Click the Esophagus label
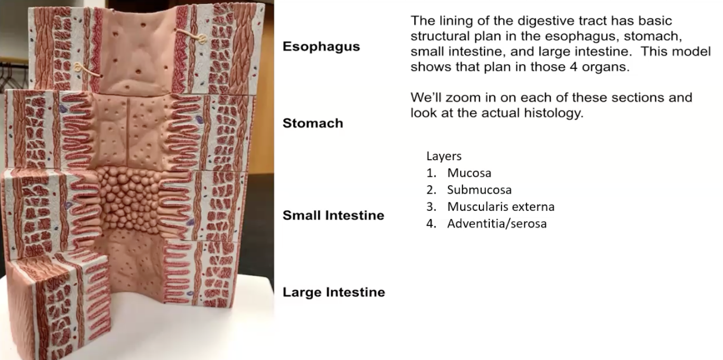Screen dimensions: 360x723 pos(321,46)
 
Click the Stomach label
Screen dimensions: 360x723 pos(312,123)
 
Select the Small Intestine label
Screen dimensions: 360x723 pos(333,215)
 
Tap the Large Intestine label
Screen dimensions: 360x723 pos(333,292)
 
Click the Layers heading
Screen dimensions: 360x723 pos(443,156)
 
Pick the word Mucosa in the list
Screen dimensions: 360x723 pos(469,173)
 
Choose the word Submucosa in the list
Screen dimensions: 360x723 pos(479,190)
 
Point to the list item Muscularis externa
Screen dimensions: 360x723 pos(500,207)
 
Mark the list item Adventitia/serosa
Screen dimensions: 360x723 pos(497,224)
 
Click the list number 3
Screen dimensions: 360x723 pos(431,207)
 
